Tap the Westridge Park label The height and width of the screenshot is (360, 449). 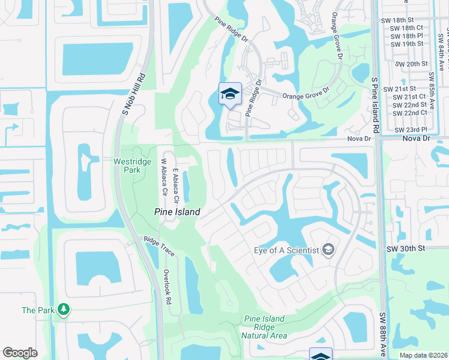tap(127, 166)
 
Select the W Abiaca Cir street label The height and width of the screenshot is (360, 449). tap(163, 176)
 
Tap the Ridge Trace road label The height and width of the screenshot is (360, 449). tap(158, 246)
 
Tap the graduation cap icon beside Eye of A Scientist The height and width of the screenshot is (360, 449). tap(328, 248)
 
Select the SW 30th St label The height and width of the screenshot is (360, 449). tap(405, 248)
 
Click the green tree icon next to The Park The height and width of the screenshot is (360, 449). tap(63, 310)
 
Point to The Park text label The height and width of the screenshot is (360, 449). tap(38, 310)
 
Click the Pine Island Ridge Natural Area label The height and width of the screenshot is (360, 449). tap(265, 327)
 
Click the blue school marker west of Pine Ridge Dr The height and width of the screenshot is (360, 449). tap(230, 94)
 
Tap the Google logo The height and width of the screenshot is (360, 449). tap(20, 353)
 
